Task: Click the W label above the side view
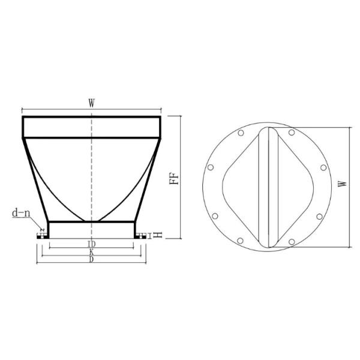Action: point(91,103)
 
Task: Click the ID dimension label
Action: point(91,245)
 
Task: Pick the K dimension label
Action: point(91,253)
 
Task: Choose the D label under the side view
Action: point(91,260)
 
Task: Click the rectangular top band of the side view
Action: point(91,127)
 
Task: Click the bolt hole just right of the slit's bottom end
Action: point(292,242)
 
